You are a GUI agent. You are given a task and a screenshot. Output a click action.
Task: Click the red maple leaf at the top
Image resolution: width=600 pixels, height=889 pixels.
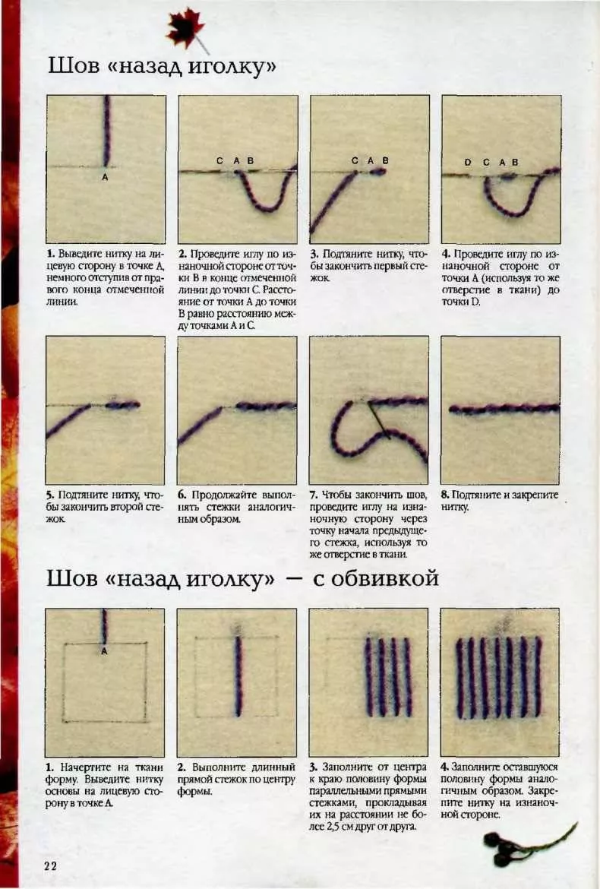pyautogui.click(x=185, y=28)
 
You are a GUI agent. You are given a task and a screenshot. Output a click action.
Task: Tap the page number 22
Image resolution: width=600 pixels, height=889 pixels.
pyautogui.click(x=50, y=865)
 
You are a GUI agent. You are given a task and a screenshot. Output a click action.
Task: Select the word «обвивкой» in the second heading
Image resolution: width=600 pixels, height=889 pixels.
pyautogui.click(x=376, y=578)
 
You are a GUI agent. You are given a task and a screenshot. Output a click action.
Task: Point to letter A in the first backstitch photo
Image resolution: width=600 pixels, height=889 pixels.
pyautogui.click(x=105, y=178)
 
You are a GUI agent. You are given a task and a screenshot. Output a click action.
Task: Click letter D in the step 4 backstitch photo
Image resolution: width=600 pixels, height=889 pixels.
pyautogui.click(x=467, y=162)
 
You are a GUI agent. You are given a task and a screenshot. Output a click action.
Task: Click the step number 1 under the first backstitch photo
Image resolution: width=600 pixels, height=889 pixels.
pyautogui.click(x=50, y=254)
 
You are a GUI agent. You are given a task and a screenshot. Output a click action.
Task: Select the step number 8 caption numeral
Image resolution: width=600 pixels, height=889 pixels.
pyautogui.click(x=445, y=495)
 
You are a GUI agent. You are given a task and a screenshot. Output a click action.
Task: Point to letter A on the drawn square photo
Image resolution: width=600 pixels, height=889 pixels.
pyautogui.click(x=104, y=651)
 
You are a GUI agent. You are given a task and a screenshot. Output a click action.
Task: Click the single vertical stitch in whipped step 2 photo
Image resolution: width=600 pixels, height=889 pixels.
pyautogui.click(x=238, y=675)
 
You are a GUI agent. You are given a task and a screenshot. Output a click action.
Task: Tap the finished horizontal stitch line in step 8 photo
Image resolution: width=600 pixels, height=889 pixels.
pyautogui.click(x=504, y=409)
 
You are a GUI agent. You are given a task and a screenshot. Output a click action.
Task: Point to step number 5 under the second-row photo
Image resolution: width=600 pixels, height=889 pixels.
pyautogui.click(x=50, y=495)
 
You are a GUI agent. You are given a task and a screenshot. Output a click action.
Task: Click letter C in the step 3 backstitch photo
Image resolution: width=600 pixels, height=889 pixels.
pyautogui.click(x=355, y=160)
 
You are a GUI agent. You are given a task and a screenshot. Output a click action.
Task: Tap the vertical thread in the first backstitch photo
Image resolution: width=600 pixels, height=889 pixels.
pyautogui.click(x=106, y=131)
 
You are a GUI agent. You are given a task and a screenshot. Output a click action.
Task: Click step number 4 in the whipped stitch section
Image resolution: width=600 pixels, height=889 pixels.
pyautogui.click(x=445, y=767)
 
